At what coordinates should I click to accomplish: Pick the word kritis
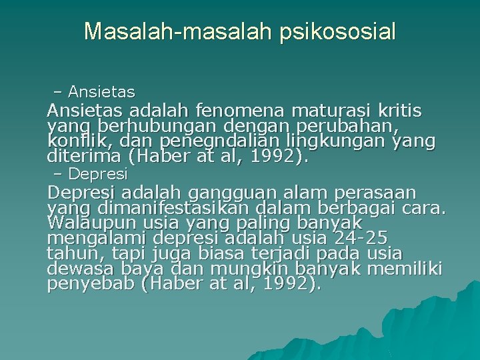pos(398,110)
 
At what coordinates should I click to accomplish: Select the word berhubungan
pos(146,125)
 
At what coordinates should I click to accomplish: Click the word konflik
pos(73,141)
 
